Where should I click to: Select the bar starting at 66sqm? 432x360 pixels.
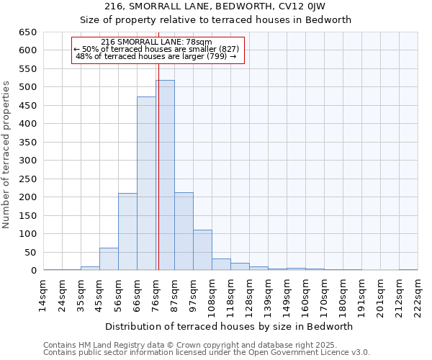tap(146, 184)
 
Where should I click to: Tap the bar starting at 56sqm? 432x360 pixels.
tap(127, 231)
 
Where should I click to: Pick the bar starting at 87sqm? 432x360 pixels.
tap(184, 231)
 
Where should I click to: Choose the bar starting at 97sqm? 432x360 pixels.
tap(202, 250)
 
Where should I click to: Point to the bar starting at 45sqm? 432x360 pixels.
tap(109, 258)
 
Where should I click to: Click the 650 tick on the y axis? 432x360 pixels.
tap(27, 32)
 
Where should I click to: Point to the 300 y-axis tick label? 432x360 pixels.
tap(27, 161)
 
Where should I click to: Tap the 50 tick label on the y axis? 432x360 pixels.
tap(30, 253)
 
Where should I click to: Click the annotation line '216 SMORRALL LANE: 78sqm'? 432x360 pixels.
tap(157, 42)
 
